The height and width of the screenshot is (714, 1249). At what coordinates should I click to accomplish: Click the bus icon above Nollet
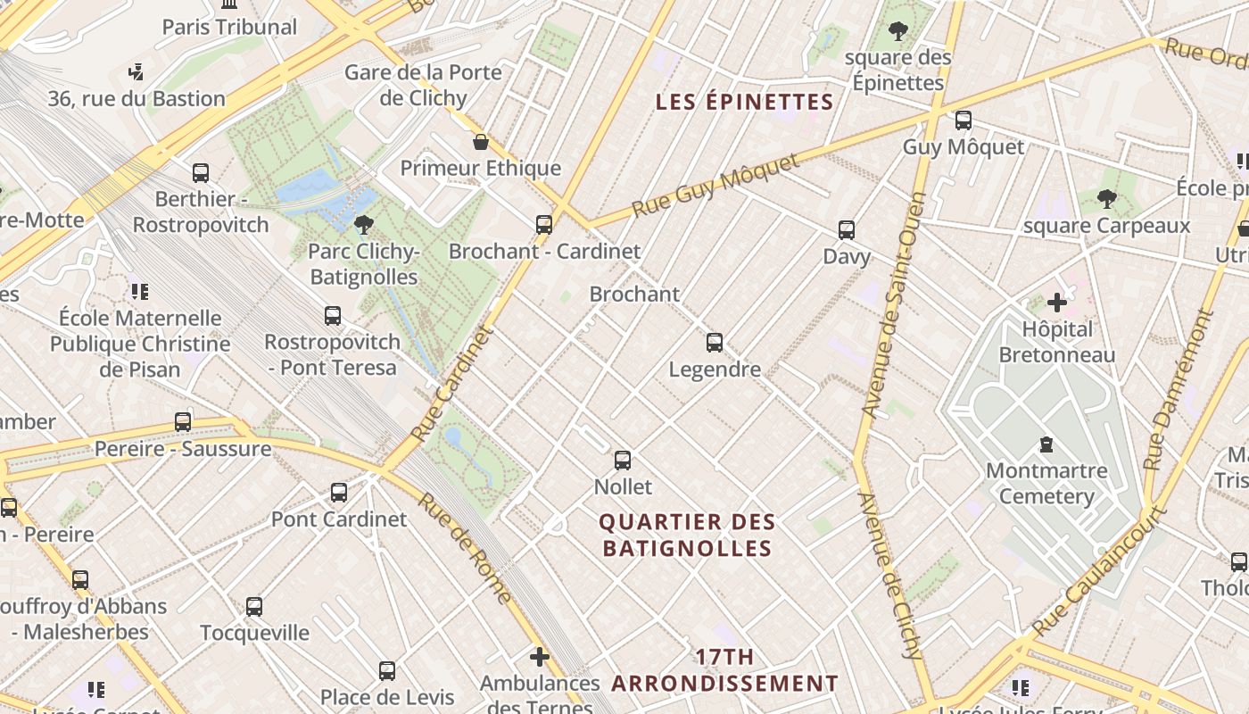[623, 461]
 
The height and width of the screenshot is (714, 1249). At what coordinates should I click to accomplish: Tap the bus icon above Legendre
[715, 343]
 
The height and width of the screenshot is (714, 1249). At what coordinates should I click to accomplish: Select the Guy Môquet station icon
[964, 120]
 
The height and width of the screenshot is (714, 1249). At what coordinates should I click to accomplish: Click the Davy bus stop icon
[847, 230]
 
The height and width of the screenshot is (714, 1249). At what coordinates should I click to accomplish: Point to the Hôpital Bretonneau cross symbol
[1057, 303]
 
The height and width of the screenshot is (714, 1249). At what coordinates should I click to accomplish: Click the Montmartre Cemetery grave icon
[1046, 444]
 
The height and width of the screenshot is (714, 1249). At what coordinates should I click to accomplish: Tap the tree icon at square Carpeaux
[1107, 198]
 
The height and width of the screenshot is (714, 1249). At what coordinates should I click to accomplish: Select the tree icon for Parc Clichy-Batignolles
[363, 224]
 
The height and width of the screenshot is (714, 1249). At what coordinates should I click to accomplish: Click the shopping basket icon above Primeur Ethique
[481, 142]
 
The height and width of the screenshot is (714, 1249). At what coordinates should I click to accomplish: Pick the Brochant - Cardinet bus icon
[544, 224]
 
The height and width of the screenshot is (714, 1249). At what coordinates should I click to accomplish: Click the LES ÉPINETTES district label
[745, 102]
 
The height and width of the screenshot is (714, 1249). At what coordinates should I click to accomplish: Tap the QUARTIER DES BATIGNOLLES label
[687, 535]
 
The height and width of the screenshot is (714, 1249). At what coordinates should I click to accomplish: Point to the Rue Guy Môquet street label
[716, 187]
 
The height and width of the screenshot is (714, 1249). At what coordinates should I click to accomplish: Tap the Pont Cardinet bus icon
[339, 492]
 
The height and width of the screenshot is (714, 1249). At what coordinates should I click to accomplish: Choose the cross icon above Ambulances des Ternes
[540, 658]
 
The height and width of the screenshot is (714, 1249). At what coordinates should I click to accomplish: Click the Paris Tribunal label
[229, 27]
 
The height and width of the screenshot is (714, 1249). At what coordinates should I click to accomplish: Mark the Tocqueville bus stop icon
[254, 607]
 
